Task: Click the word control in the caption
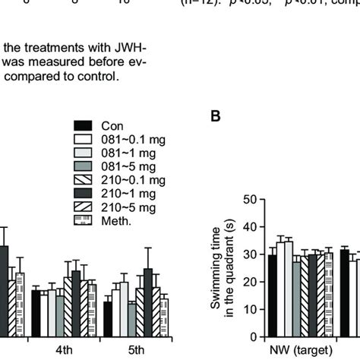pos(110,77)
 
